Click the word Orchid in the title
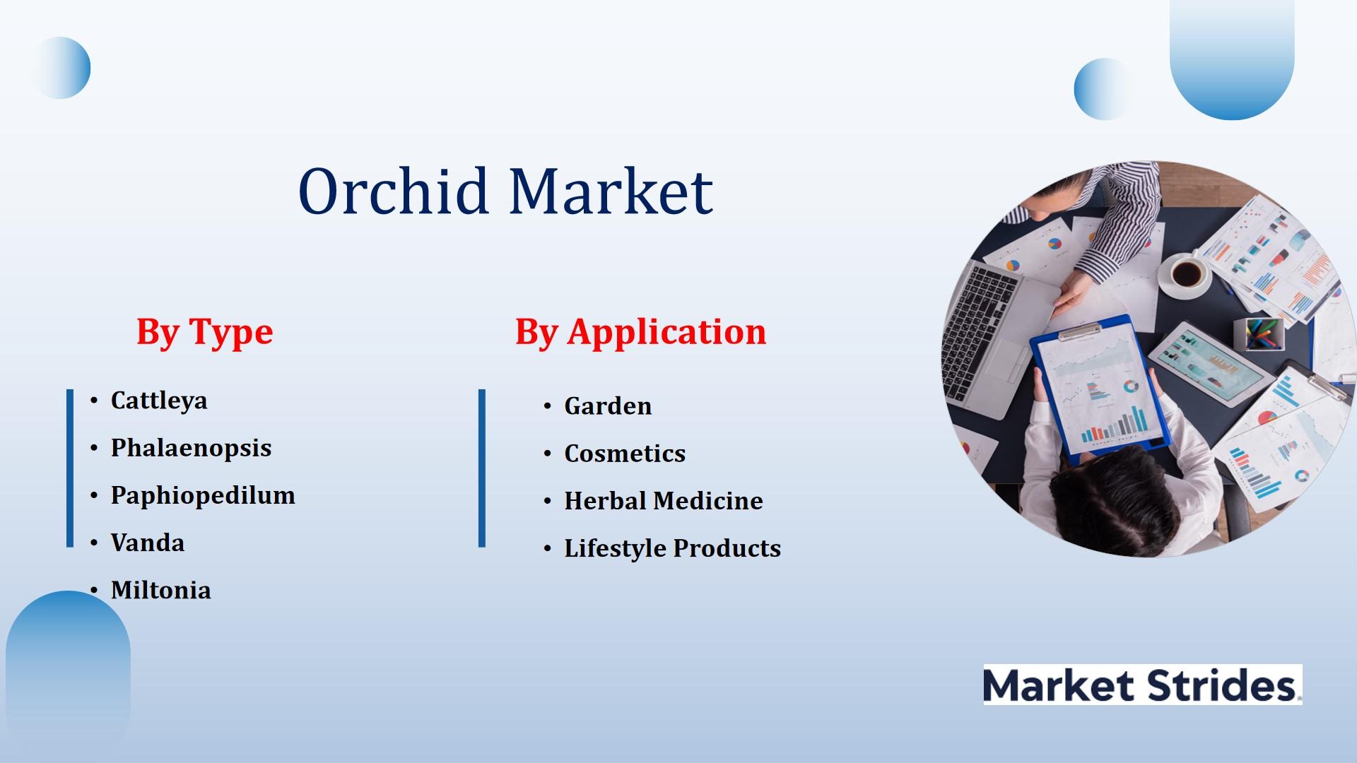(x=394, y=191)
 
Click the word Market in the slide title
(x=611, y=191)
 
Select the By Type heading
(x=204, y=332)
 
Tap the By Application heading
(x=640, y=332)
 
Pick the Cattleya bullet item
(x=159, y=401)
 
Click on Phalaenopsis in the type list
(x=191, y=448)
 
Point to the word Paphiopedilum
(x=203, y=495)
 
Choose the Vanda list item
(x=148, y=543)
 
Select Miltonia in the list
(x=161, y=590)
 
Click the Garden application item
(x=608, y=406)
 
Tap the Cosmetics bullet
(x=625, y=454)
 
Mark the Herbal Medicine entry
(x=664, y=501)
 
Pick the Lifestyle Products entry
(x=672, y=548)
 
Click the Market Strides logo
(x=1142, y=685)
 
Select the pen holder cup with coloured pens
(x=1258, y=333)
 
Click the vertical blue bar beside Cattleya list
(x=70, y=468)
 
